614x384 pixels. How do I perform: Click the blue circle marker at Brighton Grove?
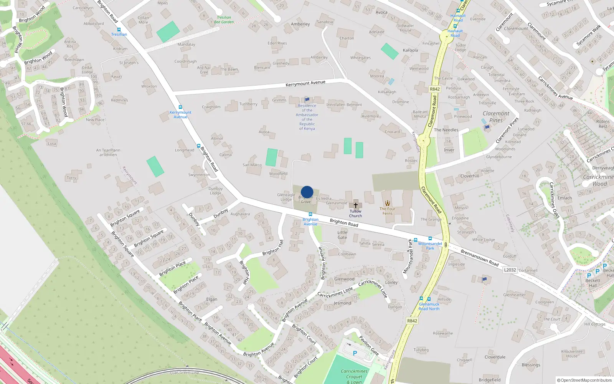307,192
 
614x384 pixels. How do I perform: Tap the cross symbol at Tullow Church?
356,205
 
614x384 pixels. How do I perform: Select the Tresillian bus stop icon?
119,30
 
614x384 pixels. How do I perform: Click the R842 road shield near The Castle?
434,89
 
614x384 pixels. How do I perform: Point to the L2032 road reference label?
510,270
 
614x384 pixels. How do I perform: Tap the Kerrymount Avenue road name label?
305,83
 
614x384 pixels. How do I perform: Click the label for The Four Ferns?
387,211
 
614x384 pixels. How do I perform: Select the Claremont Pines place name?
496,117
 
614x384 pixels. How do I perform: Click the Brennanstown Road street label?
479,258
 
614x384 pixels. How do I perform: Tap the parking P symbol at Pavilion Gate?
355,353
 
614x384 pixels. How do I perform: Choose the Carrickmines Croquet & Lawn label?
355,376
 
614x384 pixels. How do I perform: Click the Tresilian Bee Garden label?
224,20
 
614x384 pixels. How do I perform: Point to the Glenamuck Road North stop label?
429,306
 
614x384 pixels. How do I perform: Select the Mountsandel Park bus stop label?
430,246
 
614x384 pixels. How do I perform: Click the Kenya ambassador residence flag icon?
307,99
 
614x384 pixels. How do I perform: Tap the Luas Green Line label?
185,372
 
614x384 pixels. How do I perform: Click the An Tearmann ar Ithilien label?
108,152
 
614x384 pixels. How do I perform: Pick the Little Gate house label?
342,235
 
